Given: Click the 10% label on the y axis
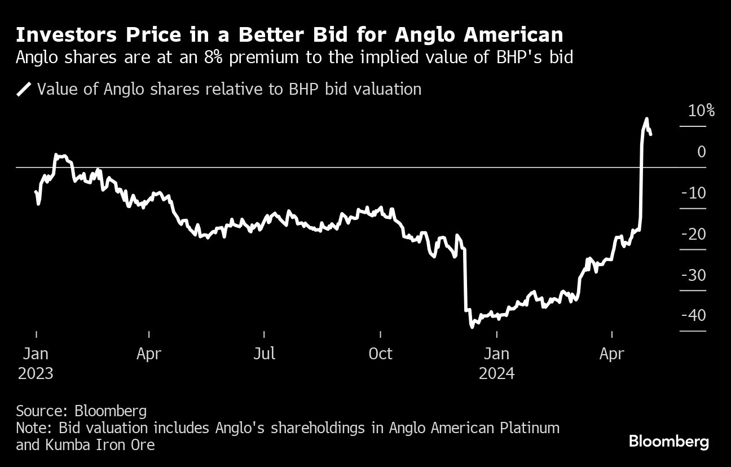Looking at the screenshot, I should (x=701, y=111).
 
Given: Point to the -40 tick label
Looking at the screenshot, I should (x=693, y=315).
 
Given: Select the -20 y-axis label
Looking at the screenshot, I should (x=693, y=233).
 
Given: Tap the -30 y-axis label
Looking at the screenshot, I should (x=693, y=275).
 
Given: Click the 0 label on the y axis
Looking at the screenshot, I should (x=701, y=152).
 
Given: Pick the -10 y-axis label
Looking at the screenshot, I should (x=693, y=193).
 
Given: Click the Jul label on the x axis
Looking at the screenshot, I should (x=264, y=354).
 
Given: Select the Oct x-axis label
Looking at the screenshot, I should (x=380, y=354).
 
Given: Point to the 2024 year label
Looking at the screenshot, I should (x=496, y=373).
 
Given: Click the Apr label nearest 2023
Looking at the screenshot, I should (x=149, y=354).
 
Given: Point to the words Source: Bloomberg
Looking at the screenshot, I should (x=81, y=411).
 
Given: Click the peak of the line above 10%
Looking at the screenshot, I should (x=647, y=119).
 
